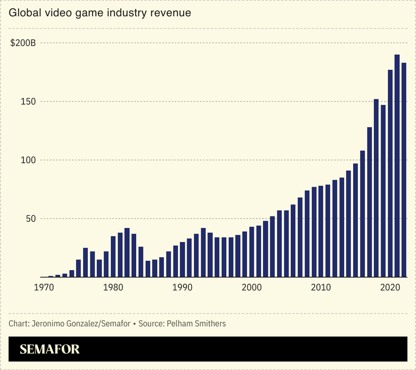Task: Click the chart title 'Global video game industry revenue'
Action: (x=100, y=12)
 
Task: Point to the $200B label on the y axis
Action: (x=23, y=43)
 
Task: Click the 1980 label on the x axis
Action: (x=112, y=287)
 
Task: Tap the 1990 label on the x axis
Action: (x=181, y=287)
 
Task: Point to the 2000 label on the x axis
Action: (x=251, y=287)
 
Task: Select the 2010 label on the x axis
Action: (x=321, y=287)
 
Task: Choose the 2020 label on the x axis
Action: (x=389, y=287)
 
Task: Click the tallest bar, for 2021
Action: (x=397, y=167)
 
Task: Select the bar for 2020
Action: (x=390, y=174)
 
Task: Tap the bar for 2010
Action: (x=321, y=232)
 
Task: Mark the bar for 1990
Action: (x=183, y=260)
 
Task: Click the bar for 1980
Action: (x=113, y=257)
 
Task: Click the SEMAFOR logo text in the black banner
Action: (x=50, y=349)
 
